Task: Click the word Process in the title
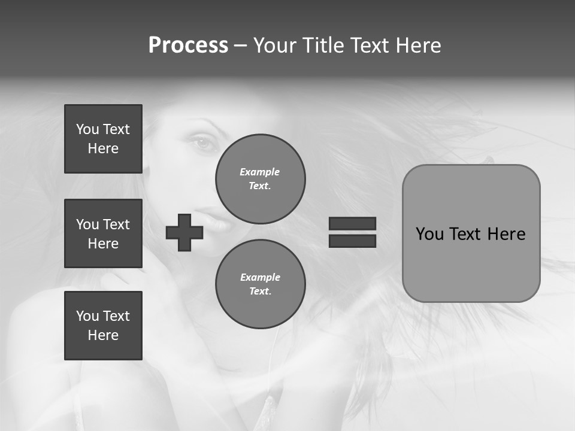coord(188,45)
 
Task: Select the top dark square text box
coord(103,139)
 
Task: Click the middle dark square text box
coord(103,233)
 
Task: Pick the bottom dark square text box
coord(103,325)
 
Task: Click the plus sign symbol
coord(184,232)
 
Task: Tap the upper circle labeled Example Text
coord(260,179)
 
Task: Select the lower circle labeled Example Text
coord(260,284)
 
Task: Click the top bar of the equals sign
coord(352,224)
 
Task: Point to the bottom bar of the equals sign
coord(352,241)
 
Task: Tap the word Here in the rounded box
coord(506,234)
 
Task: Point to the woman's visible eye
coord(204,143)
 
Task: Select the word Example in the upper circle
coord(260,172)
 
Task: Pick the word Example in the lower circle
coord(260,277)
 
